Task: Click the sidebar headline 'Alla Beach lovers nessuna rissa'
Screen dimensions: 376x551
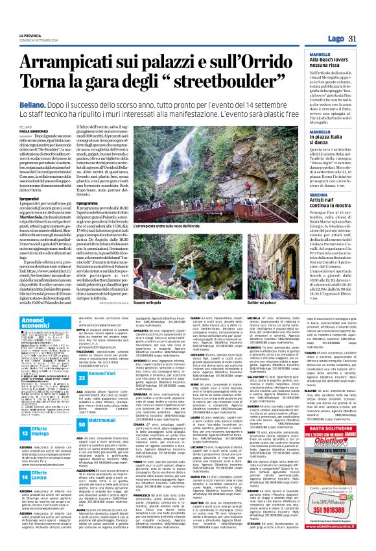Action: coord(329,64)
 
